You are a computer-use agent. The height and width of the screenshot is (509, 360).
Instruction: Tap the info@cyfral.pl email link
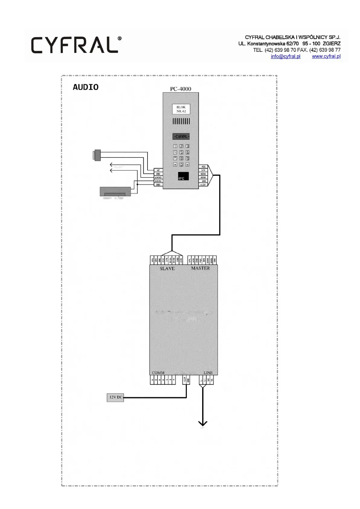click(x=285, y=57)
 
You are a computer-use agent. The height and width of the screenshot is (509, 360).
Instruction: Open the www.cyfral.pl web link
click(x=326, y=57)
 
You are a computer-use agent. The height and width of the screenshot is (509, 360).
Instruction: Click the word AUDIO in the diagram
click(x=86, y=87)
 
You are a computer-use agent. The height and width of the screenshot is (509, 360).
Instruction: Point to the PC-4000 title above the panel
click(x=180, y=89)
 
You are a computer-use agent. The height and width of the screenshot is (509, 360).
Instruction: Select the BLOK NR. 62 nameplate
click(x=181, y=109)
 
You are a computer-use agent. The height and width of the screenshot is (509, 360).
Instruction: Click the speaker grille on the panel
click(x=181, y=121)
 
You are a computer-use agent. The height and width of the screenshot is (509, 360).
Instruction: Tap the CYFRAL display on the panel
click(x=181, y=137)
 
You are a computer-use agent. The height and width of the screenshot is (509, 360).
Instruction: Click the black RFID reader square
click(x=183, y=176)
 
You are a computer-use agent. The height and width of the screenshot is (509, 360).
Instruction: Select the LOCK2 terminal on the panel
click(x=158, y=178)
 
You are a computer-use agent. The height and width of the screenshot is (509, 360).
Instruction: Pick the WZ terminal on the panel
click(x=158, y=170)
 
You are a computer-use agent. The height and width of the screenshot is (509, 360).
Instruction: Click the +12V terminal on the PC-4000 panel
click(x=203, y=184)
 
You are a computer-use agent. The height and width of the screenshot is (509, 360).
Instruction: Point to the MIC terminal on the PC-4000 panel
click(x=203, y=167)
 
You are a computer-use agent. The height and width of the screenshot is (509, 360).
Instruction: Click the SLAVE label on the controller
click(x=167, y=269)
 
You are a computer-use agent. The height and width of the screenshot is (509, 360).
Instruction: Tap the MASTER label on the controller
click(x=200, y=268)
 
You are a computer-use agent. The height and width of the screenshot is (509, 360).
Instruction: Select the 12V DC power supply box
click(x=115, y=397)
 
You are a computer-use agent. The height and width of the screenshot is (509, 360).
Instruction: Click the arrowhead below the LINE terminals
click(x=203, y=423)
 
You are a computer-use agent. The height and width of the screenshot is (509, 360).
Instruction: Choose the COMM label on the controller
click(x=158, y=373)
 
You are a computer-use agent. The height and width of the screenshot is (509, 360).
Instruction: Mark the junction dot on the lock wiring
click(x=137, y=184)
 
